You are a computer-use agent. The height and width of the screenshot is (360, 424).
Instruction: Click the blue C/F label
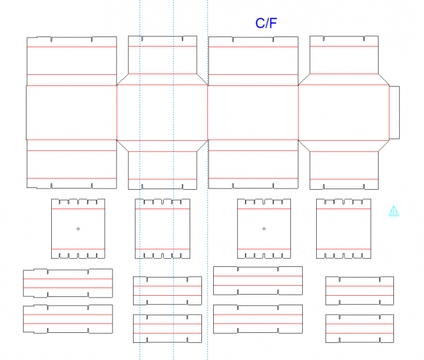266,24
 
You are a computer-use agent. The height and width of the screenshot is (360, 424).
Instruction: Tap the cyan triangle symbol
394,211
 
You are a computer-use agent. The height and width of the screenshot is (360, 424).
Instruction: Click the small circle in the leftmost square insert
78,229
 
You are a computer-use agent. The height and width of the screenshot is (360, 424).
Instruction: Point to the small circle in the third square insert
264,229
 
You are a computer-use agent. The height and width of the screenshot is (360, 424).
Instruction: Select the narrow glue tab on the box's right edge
394,113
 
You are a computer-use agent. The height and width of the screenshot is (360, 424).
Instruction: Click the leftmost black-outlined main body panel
71,113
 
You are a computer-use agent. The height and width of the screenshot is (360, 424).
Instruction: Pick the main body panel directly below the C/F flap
253,113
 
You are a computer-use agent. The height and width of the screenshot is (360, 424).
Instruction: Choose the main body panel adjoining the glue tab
344,113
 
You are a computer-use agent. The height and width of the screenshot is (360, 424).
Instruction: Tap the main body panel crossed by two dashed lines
162,113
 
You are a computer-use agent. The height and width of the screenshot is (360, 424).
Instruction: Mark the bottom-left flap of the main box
71,164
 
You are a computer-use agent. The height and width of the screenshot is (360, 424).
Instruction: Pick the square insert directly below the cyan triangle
344,229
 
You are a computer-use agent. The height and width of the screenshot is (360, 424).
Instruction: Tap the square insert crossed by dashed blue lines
163,229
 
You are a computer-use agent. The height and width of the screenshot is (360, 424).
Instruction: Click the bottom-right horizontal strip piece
360,328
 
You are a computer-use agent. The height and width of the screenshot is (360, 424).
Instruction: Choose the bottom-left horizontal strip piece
68,319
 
